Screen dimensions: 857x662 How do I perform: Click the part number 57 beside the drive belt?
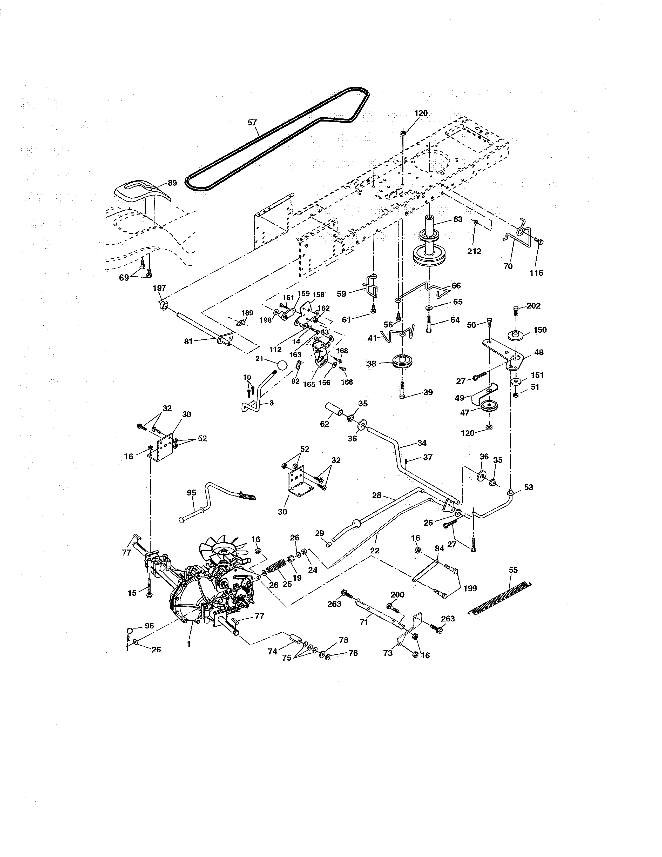(252, 122)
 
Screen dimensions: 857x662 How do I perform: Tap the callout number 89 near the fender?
(172, 183)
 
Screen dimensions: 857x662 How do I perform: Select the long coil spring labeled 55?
(500, 598)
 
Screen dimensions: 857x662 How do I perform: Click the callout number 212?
(474, 251)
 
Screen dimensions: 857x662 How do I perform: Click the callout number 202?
(533, 306)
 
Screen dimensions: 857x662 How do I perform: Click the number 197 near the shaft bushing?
(159, 288)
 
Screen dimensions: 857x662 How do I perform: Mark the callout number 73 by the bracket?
(388, 653)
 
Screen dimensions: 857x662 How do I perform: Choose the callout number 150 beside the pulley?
(540, 330)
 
